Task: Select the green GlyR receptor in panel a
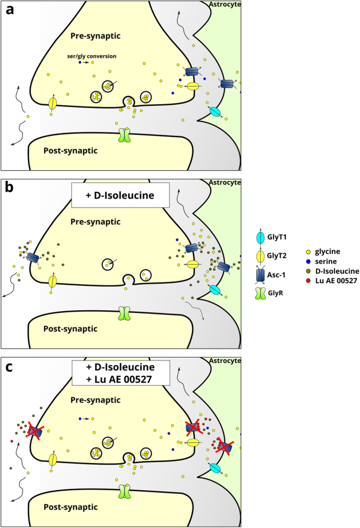point(125,135)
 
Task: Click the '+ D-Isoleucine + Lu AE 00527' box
point(121,372)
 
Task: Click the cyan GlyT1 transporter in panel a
point(215,111)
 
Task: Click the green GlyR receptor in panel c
point(125,492)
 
